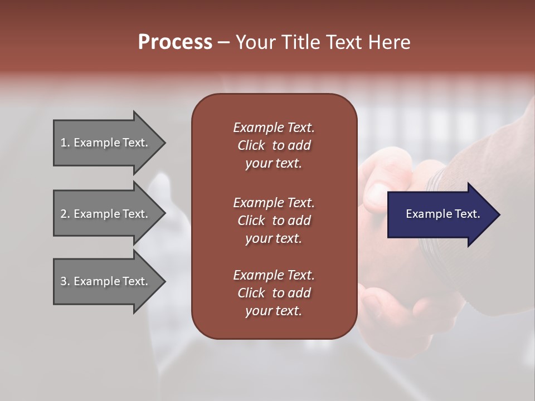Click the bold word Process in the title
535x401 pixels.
(x=175, y=42)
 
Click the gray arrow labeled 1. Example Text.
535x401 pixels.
(x=106, y=143)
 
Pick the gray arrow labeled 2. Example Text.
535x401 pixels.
(x=106, y=214)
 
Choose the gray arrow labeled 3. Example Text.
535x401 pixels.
(x=106, y=281)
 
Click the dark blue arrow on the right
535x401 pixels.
(x=440, y=214)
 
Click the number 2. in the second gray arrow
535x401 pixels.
(x=65, y=214)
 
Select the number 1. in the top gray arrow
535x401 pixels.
(x=65, y=143)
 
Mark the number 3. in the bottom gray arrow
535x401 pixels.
(x=65, y=281)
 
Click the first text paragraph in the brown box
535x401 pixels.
(x=274, y=145)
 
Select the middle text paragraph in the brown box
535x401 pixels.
(x=274, y=220)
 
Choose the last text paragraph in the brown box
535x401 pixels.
(x=274, y=293)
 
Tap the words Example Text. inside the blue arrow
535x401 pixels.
(x=442, y=214)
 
